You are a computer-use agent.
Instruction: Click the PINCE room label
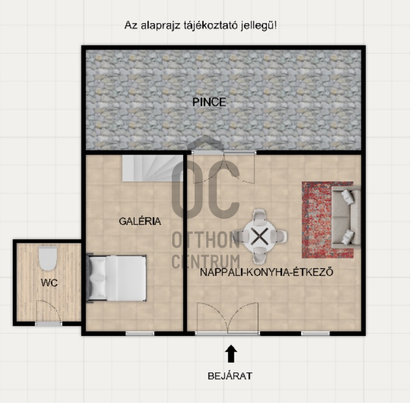(209, 102)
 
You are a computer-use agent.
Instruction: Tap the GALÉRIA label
(140, 221)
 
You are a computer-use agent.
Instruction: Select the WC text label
(49, 283)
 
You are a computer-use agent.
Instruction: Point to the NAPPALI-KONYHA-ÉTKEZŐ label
(267, 272)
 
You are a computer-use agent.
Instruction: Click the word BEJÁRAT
(230, 376)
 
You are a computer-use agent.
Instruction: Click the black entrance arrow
(231, 353)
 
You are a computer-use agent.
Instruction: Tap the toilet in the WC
(47, 259)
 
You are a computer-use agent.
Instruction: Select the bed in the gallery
(117, 278)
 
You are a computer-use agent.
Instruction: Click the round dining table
(260, 237)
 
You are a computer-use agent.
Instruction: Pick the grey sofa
(346, 217)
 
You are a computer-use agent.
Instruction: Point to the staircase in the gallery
(152, 167)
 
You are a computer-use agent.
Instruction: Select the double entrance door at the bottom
(228, 318)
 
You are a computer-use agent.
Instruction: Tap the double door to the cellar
(224, 167)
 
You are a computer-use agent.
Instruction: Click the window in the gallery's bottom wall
(140, 333)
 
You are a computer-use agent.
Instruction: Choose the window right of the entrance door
(315, 333)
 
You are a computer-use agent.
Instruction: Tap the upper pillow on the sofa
(347, 196)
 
